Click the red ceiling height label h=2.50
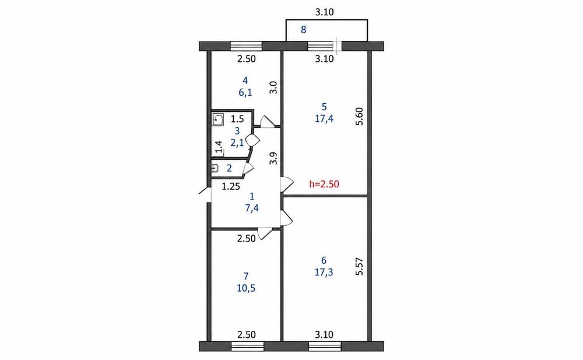(x=324, y=184)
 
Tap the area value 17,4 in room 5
(x=324, y=119)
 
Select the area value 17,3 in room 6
(x=324, y=272)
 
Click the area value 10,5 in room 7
(x=246, y=288)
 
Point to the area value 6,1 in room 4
(x=245, y=92)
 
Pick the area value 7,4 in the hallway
(x=252, y=208)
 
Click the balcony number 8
(x=303, y=29)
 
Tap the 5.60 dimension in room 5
(x=359, y=116)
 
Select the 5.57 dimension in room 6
(x=359, y=267)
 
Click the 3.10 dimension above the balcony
(x=325, y=12)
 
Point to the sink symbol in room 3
(x=218, y=120)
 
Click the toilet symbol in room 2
(x=215, y=169)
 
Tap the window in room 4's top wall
(x=246, y=46)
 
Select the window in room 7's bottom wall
(x=247, y=347)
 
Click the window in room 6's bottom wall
(x=325, y=347)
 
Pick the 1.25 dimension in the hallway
(x=231, y=187)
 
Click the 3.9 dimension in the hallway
(x=274, y=158)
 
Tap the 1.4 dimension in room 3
(x=219, y=147)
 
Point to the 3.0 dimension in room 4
(x=273, y=88)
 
